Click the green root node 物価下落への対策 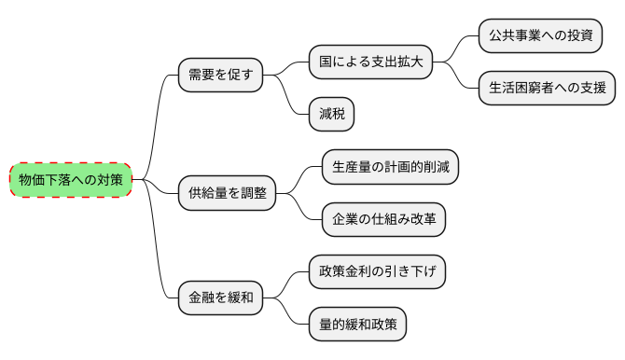pos(71,179)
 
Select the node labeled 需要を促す pos(220,74)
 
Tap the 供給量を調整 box pos(227,193)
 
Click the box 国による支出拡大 pos(371,62)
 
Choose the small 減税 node pos(332,114)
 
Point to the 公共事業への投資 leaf pos(540,36)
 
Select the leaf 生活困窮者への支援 pos(547,89)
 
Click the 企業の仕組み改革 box pos(384,220)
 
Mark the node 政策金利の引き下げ pos(378,272)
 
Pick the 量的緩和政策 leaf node pos(358,325)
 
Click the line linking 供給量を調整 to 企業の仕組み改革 pos(300,208)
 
